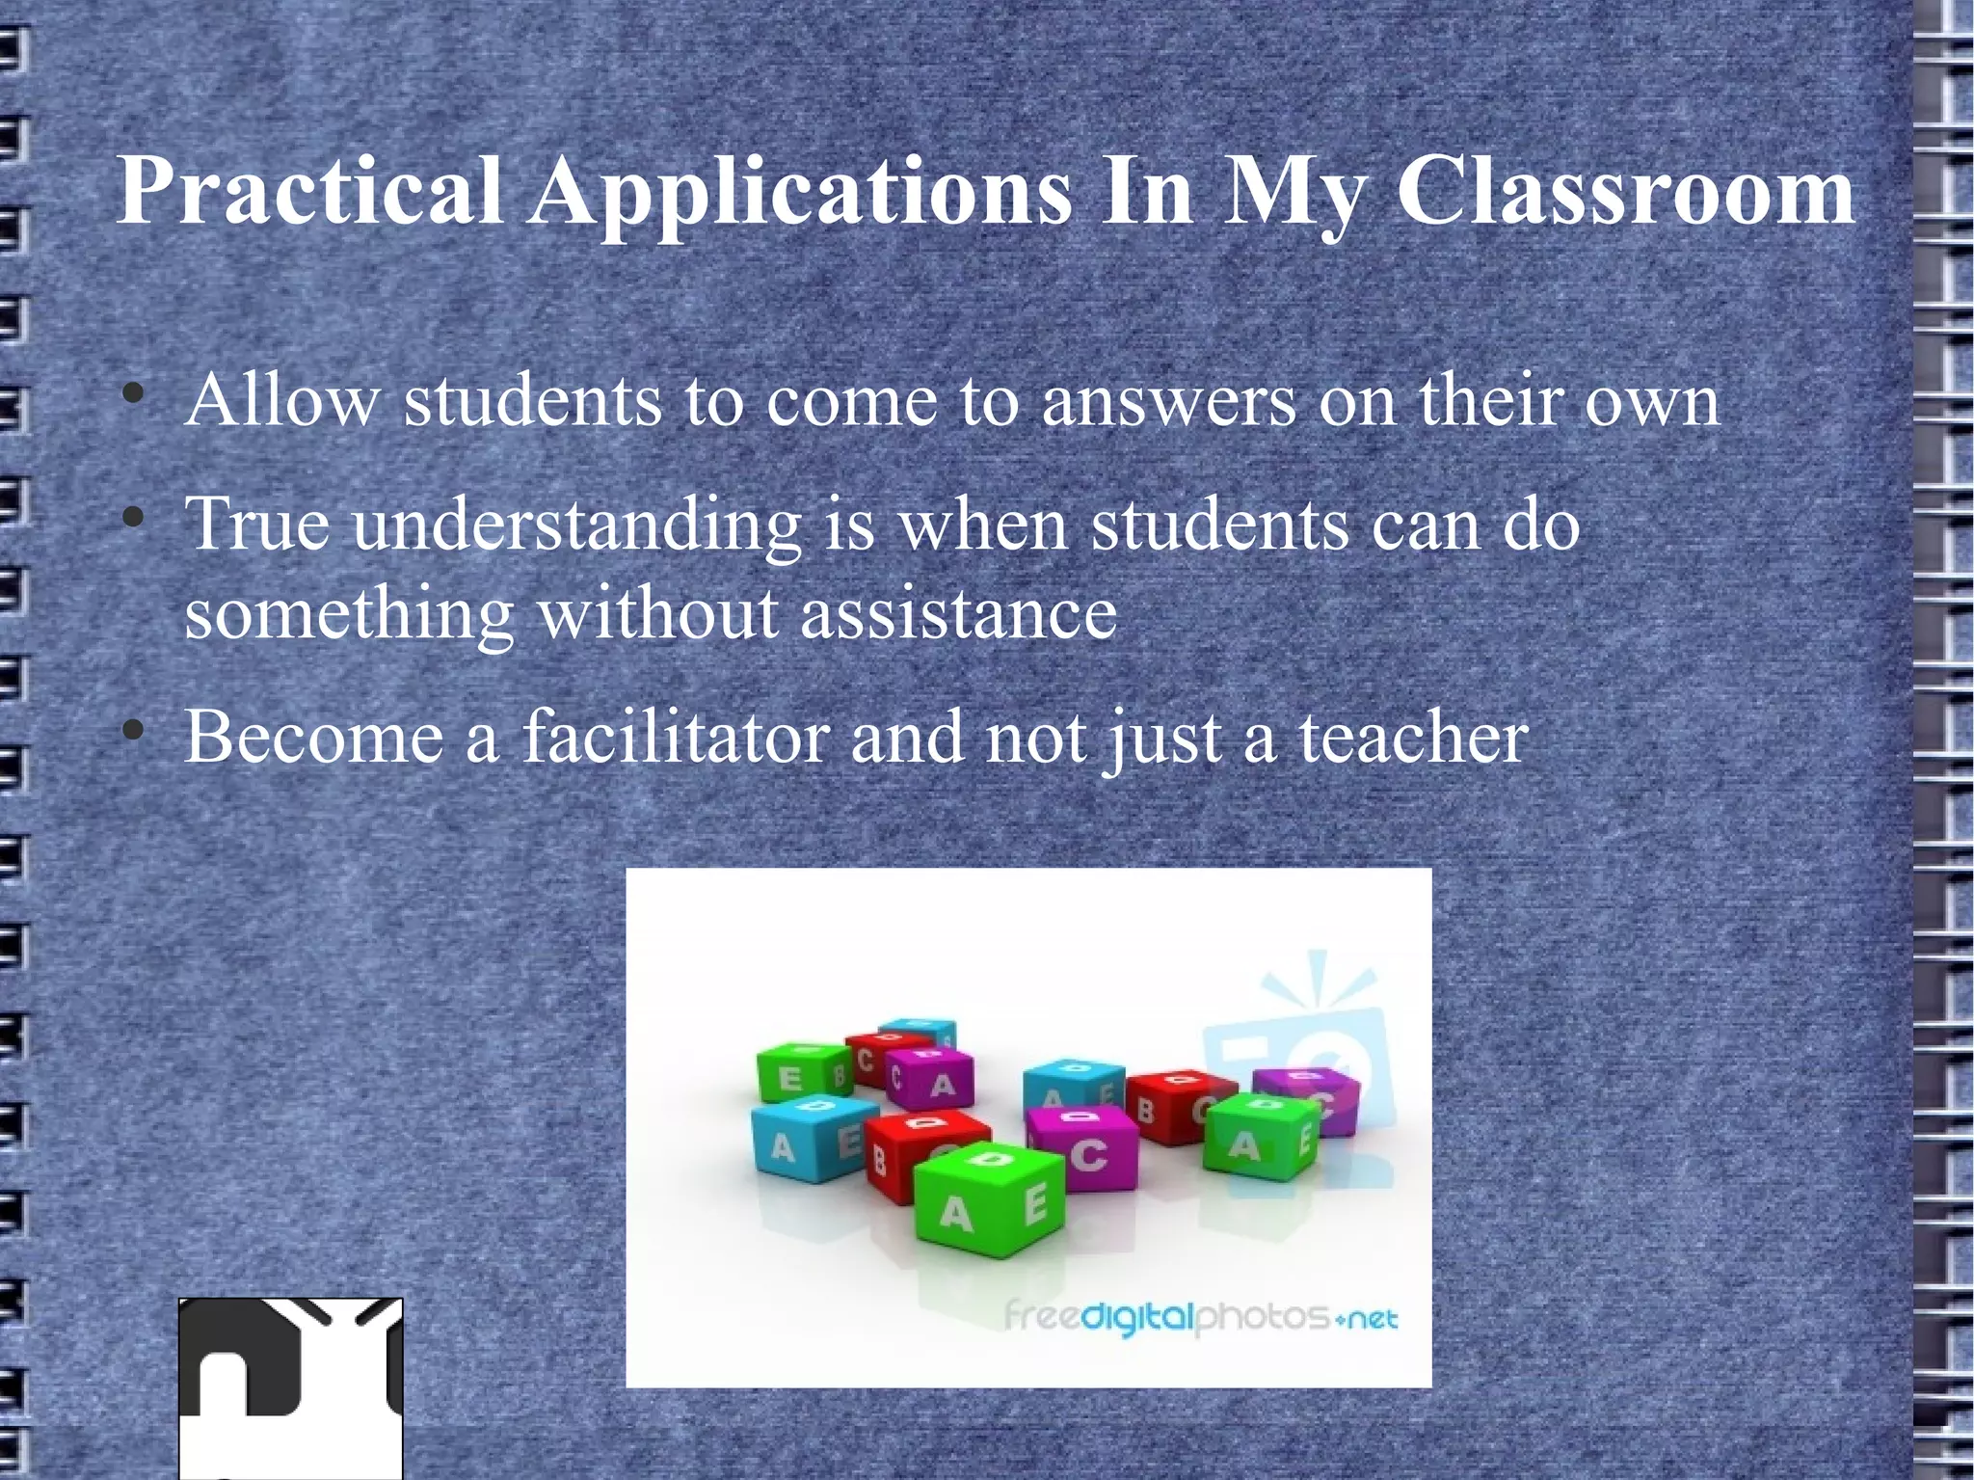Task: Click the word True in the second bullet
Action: (x=257, y=525)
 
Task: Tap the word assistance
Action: (x=958, y=612)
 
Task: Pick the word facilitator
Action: (x=675, y=737)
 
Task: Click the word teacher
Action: (x=1413, y=737)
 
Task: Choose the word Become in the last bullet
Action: (x=312, y=737)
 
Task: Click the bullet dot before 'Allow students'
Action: (x=135, y=394)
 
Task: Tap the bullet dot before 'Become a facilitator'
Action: (x=135, y=732)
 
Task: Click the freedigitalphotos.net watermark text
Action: (x=1200, y=1316)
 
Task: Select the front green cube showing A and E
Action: (x=990, y=1200)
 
